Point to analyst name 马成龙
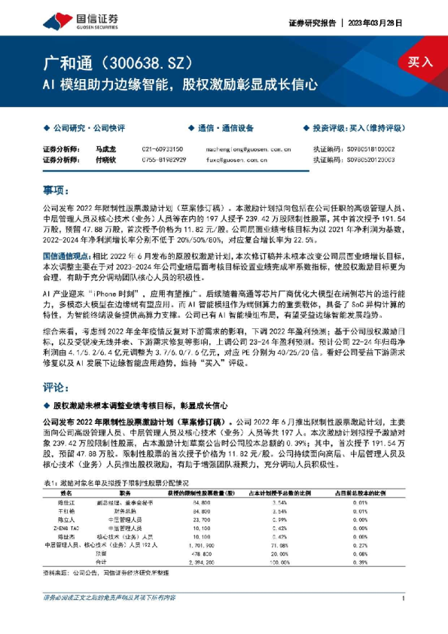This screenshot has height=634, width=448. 106,149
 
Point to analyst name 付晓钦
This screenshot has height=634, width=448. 106,159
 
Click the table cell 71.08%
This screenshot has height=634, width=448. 279,544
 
